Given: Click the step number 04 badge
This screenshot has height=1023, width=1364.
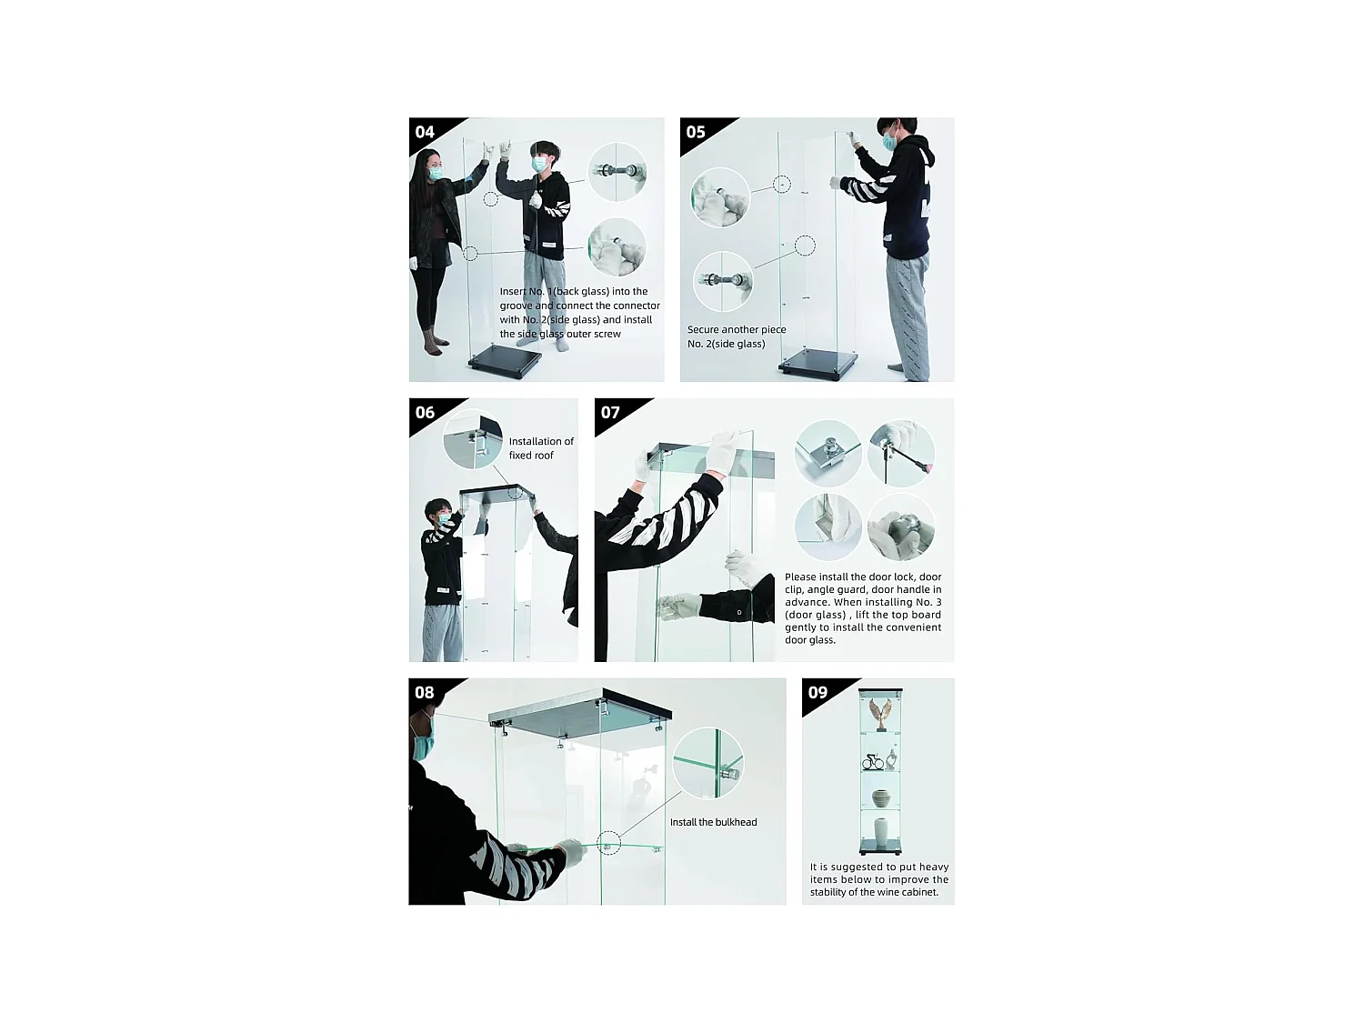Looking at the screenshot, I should point(426,133).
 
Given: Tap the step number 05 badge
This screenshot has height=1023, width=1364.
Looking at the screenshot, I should point(696,133).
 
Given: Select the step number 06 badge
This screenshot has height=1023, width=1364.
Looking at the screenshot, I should point(426,413).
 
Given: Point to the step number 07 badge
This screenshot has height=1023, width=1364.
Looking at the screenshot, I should point(610,413).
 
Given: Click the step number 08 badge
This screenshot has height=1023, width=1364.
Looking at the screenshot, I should point(425,693).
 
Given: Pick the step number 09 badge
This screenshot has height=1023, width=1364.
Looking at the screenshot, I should point(817,693).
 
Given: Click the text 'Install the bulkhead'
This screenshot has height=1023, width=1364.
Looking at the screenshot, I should point(713,822).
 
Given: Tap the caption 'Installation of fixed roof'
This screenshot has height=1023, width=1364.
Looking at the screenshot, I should point(540,448).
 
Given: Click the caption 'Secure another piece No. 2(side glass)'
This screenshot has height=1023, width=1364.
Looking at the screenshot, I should point(737,336).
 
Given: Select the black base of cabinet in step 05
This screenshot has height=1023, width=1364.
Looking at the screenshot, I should point(818,361).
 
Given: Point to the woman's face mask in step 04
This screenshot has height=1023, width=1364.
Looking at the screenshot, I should point(437,173).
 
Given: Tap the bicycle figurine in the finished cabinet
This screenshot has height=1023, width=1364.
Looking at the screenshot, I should point(874,761).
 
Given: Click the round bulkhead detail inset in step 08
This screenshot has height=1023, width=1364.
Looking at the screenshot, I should point(707,762).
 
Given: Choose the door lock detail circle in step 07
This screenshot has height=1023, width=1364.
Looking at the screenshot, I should point(827,452).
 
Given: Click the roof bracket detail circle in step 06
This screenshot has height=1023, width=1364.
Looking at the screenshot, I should point(473,440).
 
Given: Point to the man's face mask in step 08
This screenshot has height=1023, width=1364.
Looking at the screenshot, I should point(423,745).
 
